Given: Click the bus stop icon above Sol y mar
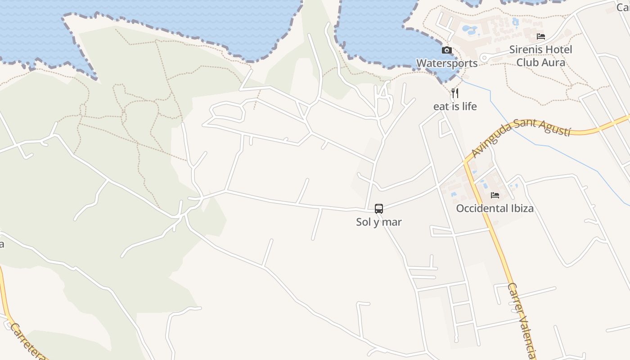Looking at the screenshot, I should pos(379,209).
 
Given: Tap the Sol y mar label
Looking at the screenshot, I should pos(379,222).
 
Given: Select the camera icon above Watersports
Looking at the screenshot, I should pos(447,50).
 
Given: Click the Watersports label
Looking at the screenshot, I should pos(447,63).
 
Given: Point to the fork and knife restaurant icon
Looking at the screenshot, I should pos(455,93).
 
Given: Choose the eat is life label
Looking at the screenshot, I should pos(455,107).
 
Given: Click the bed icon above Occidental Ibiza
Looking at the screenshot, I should pos(495,195).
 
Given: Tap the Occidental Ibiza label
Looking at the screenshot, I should pos(495,208).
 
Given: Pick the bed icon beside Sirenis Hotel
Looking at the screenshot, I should pos(541,36).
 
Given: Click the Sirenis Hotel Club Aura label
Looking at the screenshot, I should pos(541,56).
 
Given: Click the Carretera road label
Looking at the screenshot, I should pos(27,342).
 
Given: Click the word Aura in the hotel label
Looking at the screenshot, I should pos(553,62).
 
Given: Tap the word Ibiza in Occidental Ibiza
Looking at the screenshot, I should pos(522,208).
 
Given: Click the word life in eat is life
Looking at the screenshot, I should pos(468,107).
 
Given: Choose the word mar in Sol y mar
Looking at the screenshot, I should pos(393,222).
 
